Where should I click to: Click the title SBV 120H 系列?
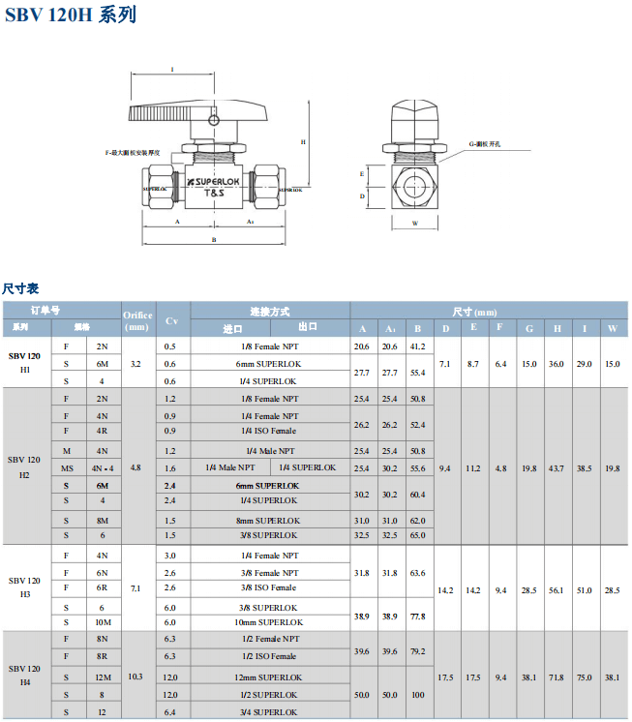(x=70, y=15)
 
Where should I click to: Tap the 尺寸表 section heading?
(x=20, y=288)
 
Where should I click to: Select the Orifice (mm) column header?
(x=137, y=320)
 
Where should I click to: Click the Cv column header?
(x=172, y=320)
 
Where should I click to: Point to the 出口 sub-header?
(x=308, y=327)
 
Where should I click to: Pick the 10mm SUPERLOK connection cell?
(x=269, y=622)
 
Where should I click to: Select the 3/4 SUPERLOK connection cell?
(x=269, y=712)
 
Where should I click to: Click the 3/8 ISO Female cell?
(x=269, y=587)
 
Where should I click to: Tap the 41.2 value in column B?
(x=417, y=346)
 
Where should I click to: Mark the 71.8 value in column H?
(x=557, y=677)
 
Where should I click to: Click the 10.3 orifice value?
(x=135, y=676)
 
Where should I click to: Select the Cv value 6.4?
(x=170, y=712)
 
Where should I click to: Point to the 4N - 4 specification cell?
(x=103, y=467)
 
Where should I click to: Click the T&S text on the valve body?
(x=213, y=193)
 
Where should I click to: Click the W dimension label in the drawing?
(x=414, y=223)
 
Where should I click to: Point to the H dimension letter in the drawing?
(x=303, y=141)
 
